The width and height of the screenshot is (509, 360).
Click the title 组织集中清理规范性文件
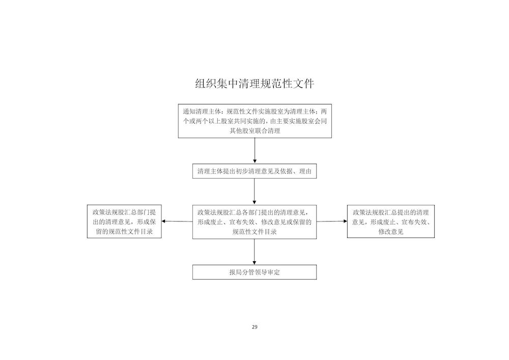254,84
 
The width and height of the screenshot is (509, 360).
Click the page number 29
254,327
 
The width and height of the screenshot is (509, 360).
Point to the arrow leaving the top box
255,151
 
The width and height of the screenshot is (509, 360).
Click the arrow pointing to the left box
177,221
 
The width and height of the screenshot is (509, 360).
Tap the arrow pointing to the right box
332,221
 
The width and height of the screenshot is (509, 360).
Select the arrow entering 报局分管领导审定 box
254,252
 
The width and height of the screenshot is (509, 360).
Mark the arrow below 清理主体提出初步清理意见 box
254,191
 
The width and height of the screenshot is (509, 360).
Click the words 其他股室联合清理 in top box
255,131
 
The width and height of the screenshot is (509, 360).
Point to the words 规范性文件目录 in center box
254,232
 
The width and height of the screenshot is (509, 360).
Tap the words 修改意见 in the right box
391,232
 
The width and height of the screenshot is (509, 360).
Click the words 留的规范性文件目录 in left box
124,232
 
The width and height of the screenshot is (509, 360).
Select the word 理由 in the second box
305,171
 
